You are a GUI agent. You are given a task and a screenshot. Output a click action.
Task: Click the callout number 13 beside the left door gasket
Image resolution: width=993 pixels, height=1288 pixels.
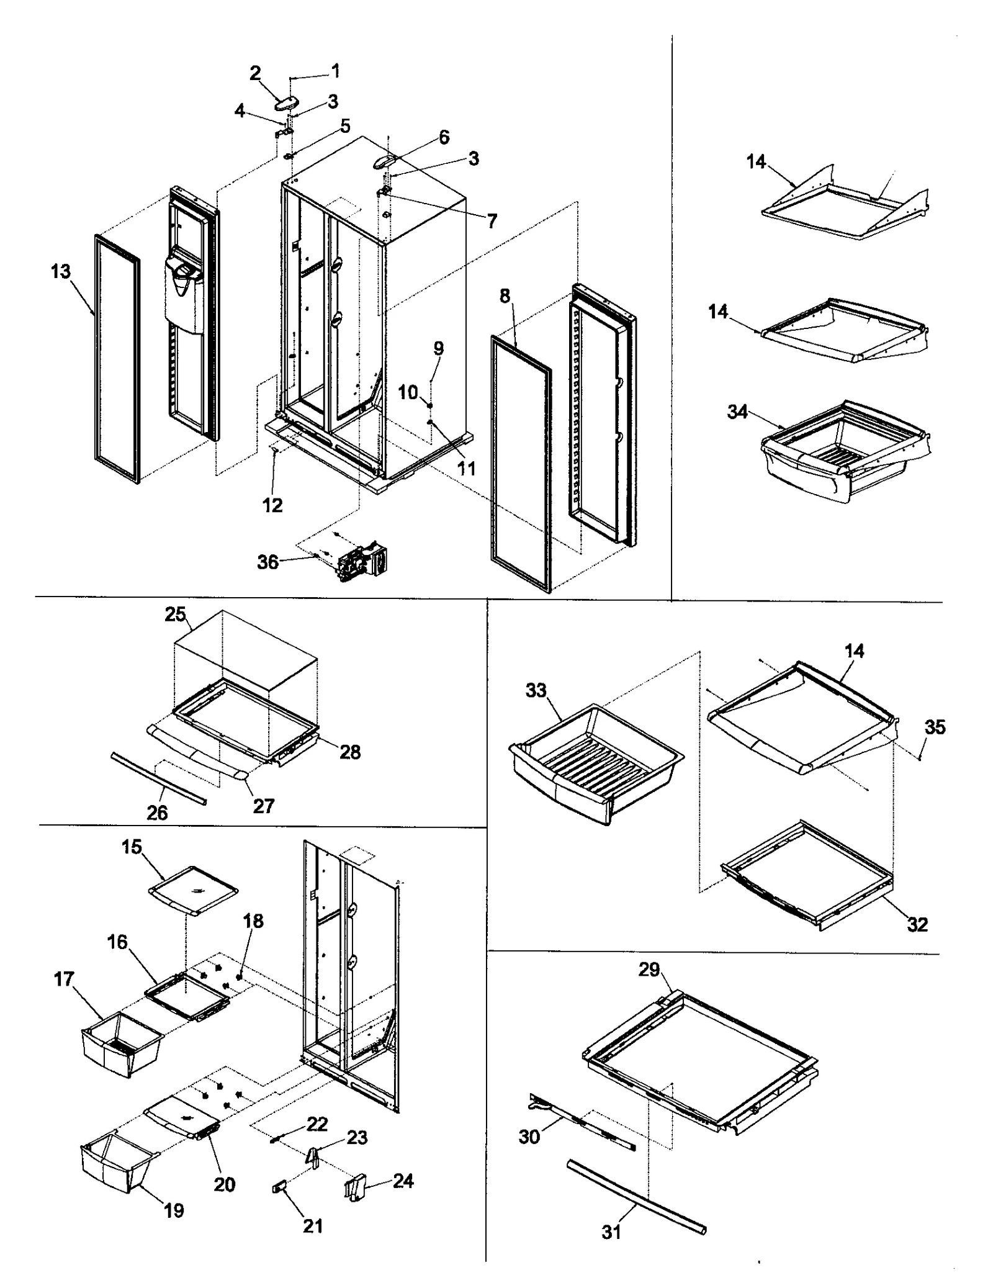pyautogui.click(x=61, y=271)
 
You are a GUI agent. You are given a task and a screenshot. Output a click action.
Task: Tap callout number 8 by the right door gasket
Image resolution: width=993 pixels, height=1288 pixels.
pyautogui.click(x=505, y=296)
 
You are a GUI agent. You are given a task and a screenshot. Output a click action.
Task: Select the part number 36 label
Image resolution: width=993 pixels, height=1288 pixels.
pyautogui.click(x=267, y=562)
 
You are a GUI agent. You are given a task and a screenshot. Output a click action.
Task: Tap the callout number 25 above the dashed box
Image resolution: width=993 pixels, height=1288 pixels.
pyautogui.click(x=175, y=614)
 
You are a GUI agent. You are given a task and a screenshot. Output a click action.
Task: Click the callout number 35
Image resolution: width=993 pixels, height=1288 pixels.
pyautogui.click(x=935, y=727)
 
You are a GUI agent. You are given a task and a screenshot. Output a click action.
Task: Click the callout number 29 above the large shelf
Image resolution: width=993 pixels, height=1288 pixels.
pyautogui.click(x=649, y=969)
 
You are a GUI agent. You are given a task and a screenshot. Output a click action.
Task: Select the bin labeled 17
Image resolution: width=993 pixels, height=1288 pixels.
pyautogui.click(x=121, y=1045)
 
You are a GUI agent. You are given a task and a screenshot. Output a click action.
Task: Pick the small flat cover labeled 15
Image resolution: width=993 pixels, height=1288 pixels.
pyautogui.click(x=194, y=891)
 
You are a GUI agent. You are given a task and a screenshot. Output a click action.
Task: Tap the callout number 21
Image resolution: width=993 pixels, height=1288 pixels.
pyautogui.click(x=313, y=1225)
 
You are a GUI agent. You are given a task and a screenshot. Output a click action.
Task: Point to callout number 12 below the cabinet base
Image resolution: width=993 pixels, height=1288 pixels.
pyautogui.click(x=272, y=505)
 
